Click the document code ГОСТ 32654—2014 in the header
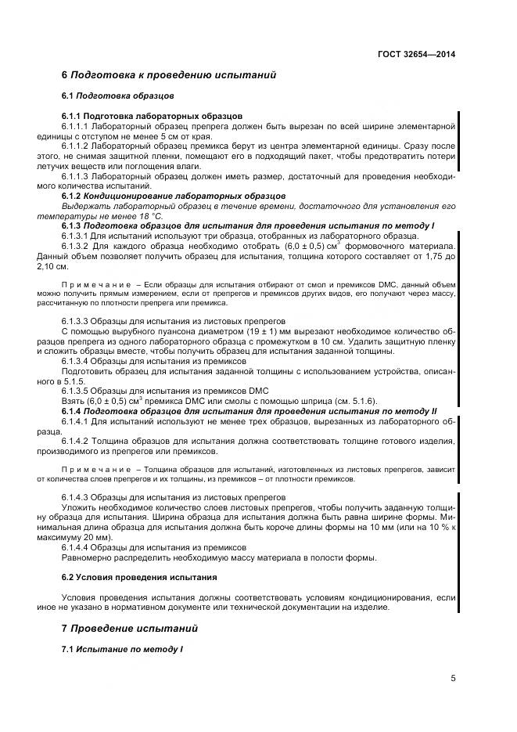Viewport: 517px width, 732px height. click(x=417, y=55)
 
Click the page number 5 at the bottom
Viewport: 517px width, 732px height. click(x=453, y=678)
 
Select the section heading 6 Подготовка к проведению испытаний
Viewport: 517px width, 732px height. click(x=169, y=76)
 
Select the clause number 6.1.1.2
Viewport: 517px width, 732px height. click(x=75, y=146)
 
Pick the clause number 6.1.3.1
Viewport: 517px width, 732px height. click(x=75, y=236)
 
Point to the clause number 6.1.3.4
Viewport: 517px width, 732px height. click(x=75, y=362)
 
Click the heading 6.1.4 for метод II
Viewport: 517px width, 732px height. click(x=249, y=412)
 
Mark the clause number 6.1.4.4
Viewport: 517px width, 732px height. click(x=75, y=547)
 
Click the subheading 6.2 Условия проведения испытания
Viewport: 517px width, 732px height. click(x=139, y=577)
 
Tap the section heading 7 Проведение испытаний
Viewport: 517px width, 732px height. click(x=130, y=629)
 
